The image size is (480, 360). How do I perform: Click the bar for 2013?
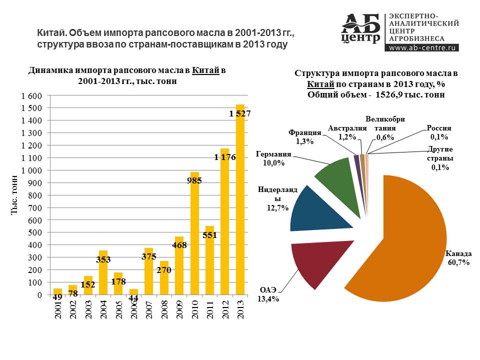click(240, 200)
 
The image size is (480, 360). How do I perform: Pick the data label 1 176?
click(225, 157)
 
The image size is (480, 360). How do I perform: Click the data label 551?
click(209, 233)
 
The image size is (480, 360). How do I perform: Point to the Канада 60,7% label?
click(458, 258)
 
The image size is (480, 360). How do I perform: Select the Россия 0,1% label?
click(439, 132)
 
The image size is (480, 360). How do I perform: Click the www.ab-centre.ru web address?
click(422, 48)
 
